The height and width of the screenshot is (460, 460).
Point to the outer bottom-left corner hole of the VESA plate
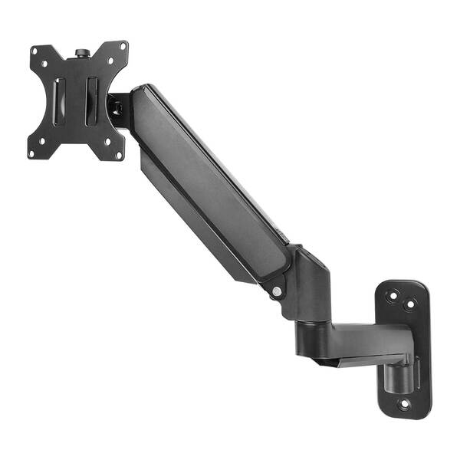click(x=32, y=153)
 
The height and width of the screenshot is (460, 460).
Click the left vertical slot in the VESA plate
click(x=61, y=100)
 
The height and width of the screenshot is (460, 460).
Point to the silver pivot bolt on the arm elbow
click(x=276, y=291)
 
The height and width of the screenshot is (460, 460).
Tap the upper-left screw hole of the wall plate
click(x=393, y=294)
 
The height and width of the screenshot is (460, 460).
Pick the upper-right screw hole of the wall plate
click(x=410, y=304)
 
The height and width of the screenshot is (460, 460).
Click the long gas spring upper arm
click(x=207, y=184)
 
